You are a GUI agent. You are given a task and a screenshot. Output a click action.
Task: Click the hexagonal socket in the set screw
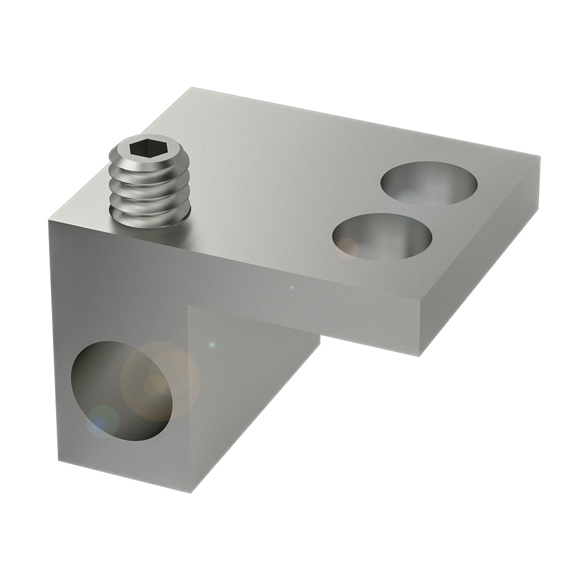click(x=141, y=150)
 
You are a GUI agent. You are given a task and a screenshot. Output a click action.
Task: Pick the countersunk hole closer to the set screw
click(x=383, y=236)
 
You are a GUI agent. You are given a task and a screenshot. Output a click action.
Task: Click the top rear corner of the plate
click(x=190, y=88)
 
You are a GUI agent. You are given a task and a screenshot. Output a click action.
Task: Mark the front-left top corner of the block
click(x=49, y=216)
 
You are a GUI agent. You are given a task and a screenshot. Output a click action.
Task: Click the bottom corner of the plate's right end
click(x=419, y=355)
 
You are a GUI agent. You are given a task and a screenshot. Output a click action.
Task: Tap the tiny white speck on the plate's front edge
click(x=292, y=287)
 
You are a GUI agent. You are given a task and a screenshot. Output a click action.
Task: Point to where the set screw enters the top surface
click(x=152, y=223)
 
